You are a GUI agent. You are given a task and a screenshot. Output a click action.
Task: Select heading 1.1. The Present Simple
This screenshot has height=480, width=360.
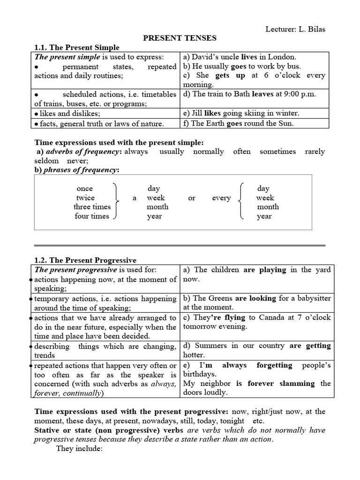point(77,47)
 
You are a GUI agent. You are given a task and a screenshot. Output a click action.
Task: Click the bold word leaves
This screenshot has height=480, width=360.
point(262,94)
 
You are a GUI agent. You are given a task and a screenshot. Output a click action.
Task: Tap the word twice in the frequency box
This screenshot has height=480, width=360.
point(85,198)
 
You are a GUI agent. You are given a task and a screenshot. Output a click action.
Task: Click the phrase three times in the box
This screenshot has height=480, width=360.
point(92,207)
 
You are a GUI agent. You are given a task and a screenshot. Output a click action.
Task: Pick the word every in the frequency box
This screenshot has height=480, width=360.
point(221,198)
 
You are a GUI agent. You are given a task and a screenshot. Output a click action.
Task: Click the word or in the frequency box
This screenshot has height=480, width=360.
point(192,198)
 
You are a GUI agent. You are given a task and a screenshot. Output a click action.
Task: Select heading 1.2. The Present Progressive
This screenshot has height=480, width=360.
point(86,260)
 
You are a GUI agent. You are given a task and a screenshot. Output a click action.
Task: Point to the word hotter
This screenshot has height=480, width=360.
point(194,355)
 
